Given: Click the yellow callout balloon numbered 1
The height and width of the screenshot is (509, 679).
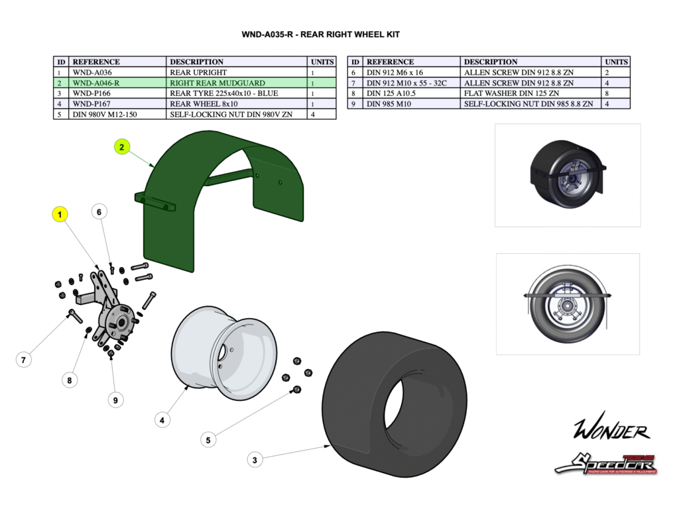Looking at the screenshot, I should click(x=60, y=214).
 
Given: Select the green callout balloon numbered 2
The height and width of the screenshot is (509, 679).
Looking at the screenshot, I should click(x=122, y=147).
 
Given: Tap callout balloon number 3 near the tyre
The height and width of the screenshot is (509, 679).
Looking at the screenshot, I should click(x=255, y=459).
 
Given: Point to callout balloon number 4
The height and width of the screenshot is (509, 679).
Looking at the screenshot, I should click(x=162, y=420).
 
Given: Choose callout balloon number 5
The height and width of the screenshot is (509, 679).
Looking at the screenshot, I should click(x=208, y=439).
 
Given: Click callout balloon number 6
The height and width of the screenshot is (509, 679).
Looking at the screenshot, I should click(x=99, y=212).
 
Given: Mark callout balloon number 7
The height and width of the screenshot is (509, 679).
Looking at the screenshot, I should click(x=23, y=361).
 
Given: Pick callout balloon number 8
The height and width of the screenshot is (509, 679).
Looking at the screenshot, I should click(x=69, y=380).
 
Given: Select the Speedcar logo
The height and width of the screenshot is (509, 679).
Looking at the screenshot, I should click(x=605, y=463).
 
